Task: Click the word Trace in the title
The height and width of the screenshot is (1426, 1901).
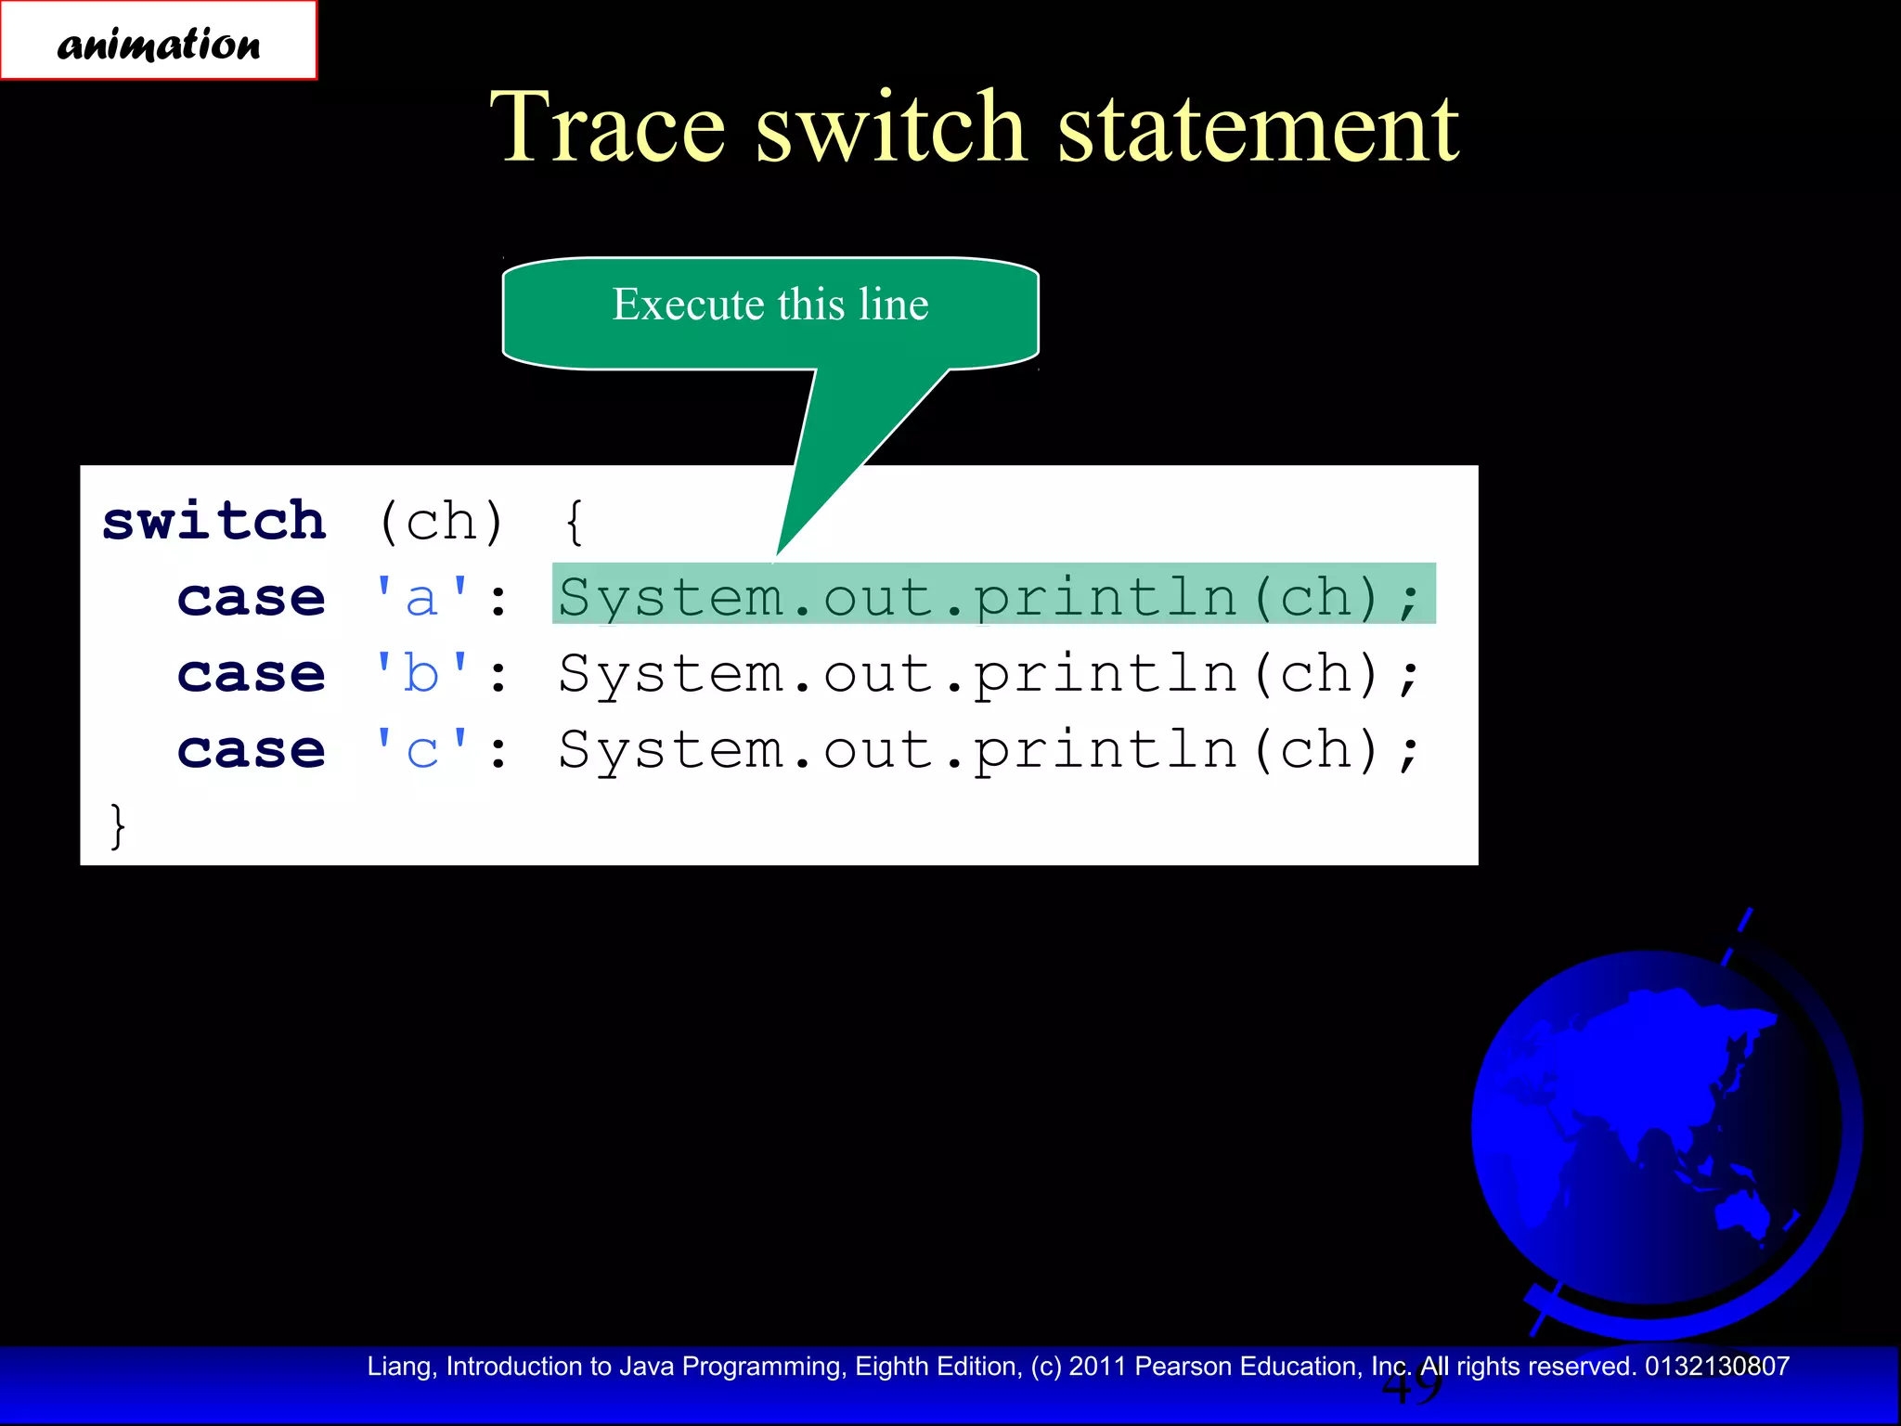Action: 607,127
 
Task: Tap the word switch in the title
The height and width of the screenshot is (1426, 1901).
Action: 890,127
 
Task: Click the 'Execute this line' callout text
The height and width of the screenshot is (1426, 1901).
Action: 770,305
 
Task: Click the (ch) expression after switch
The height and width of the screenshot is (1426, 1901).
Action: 441,522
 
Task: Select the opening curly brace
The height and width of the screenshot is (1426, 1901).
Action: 575,522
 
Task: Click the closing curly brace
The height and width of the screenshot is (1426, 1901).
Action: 117,825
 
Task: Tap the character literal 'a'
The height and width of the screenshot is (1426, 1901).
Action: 421,597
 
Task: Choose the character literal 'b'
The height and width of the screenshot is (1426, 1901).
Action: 421,673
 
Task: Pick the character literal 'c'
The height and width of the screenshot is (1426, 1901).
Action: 421,749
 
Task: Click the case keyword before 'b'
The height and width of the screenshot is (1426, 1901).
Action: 252,674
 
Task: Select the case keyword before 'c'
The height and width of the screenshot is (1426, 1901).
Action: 252,750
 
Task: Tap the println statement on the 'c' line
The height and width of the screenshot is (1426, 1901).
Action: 989,749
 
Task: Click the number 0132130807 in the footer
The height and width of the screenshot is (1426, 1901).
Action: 1717,1366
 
